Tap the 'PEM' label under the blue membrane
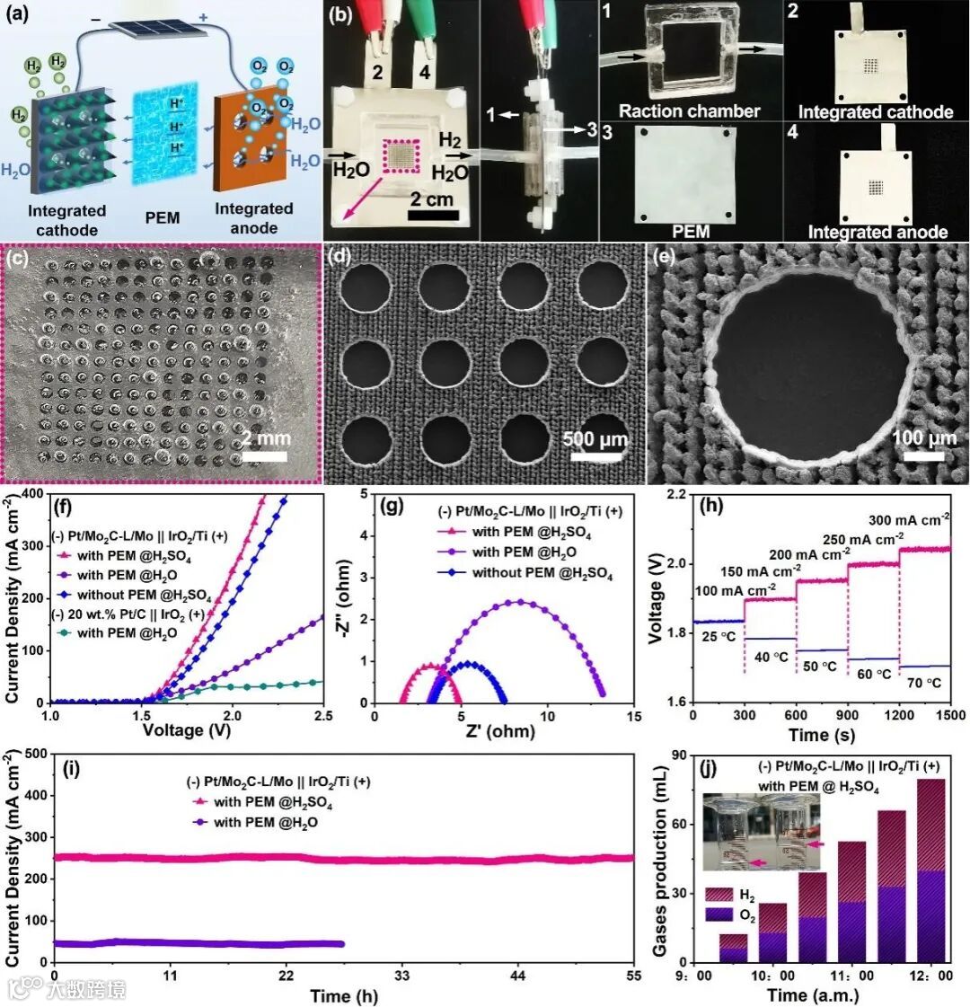pos(162,217)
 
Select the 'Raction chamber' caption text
pos(689,112)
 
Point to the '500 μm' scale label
pos(594,440)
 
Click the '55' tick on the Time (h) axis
pos(633,976)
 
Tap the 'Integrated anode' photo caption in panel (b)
pos(877,233)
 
